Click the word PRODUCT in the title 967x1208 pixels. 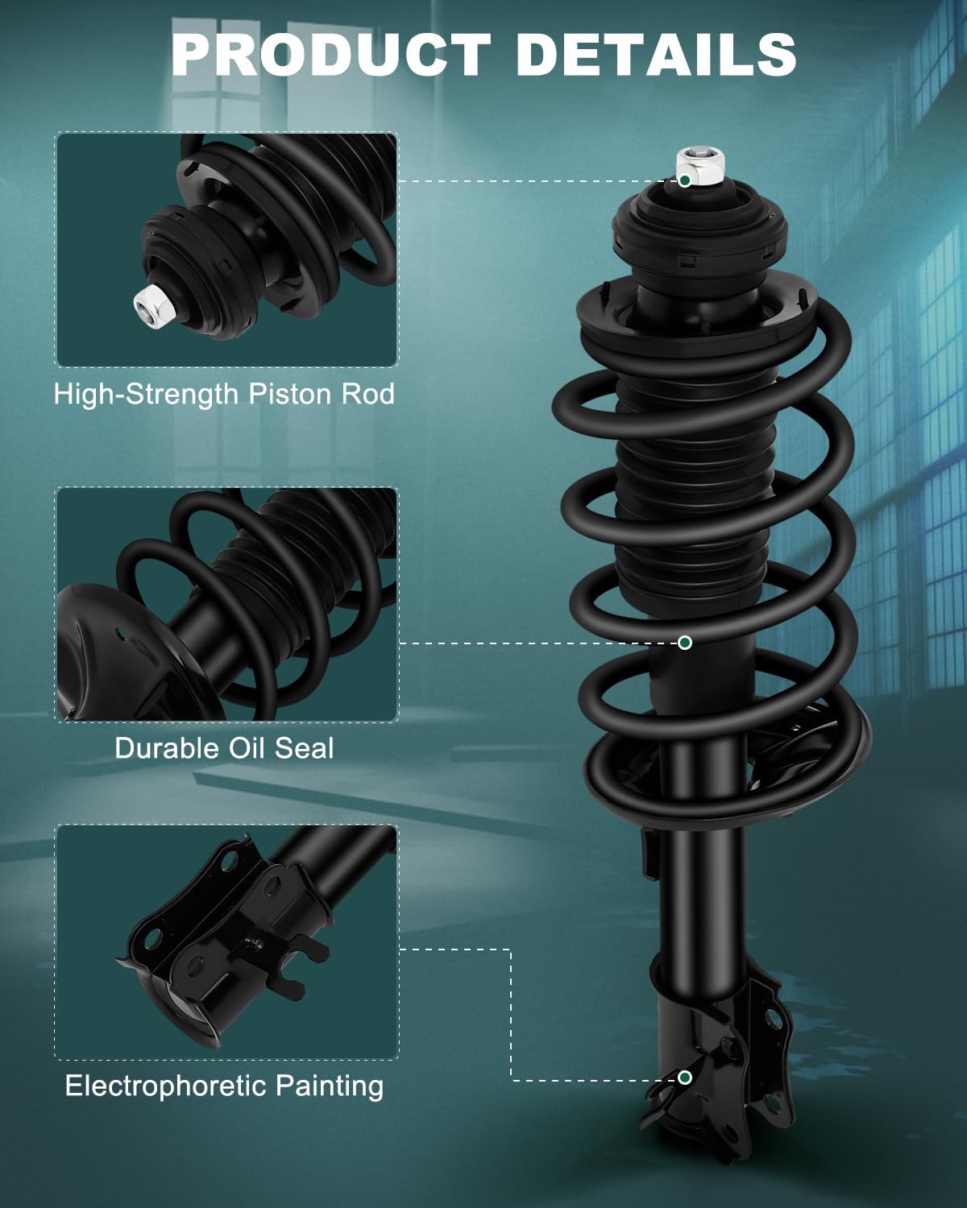[330, 54]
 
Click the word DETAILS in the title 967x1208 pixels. [655, 54]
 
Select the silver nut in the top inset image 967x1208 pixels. [151, 304]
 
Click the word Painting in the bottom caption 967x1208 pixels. [329, 1086]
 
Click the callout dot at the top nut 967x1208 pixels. [684, 180]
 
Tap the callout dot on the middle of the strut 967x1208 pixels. [684, 642]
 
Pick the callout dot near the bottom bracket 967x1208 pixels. [684, 1078]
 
